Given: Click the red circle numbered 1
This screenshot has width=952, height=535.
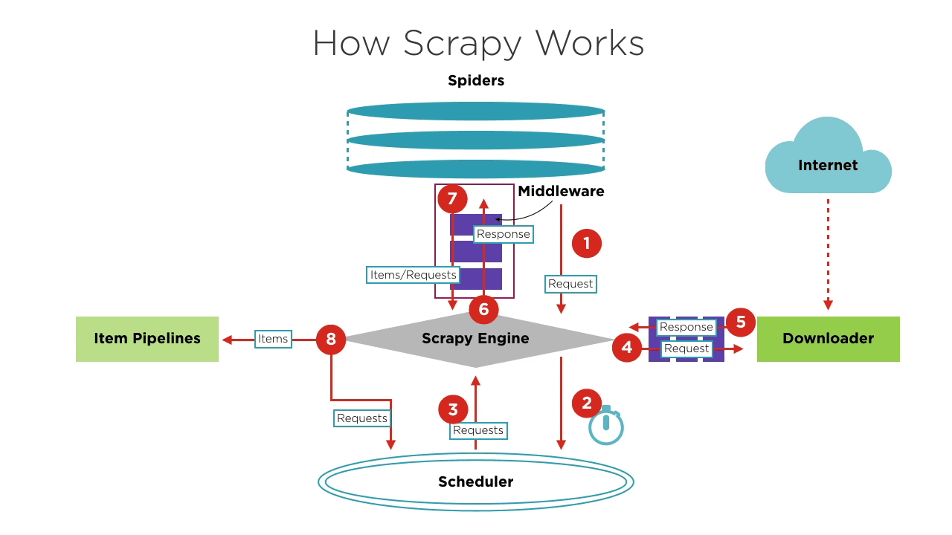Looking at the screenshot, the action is point(587,243).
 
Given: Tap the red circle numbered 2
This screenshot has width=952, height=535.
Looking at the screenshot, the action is point(587,403).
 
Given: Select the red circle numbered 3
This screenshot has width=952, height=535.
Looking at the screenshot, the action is point(453,409).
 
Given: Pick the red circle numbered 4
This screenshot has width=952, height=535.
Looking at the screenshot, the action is point(627,347).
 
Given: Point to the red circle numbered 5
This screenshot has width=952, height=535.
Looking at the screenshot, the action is point(741,322).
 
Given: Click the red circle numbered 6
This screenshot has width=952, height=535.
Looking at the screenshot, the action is point(483,309).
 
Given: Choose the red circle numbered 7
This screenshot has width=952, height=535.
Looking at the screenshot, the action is point(452,198).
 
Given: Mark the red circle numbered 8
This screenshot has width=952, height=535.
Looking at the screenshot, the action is point(331,340).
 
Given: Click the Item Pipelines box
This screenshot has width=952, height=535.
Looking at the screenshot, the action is point(147,339).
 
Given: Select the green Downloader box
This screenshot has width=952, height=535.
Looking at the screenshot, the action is point(829,339).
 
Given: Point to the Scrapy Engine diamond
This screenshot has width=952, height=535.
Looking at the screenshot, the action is point(475,339).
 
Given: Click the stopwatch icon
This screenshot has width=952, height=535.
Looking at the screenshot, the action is point(606,426).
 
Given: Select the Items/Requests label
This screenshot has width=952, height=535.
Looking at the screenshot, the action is point(413,275).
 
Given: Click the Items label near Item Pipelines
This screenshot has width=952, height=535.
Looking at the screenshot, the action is point(273,339).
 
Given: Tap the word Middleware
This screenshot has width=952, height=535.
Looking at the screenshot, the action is point(561,191).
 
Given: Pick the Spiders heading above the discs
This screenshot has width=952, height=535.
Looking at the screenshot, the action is point(476,80).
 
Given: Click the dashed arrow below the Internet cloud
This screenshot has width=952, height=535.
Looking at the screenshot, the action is point(828,254).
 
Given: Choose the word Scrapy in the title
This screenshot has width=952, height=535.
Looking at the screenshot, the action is point(463,43).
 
